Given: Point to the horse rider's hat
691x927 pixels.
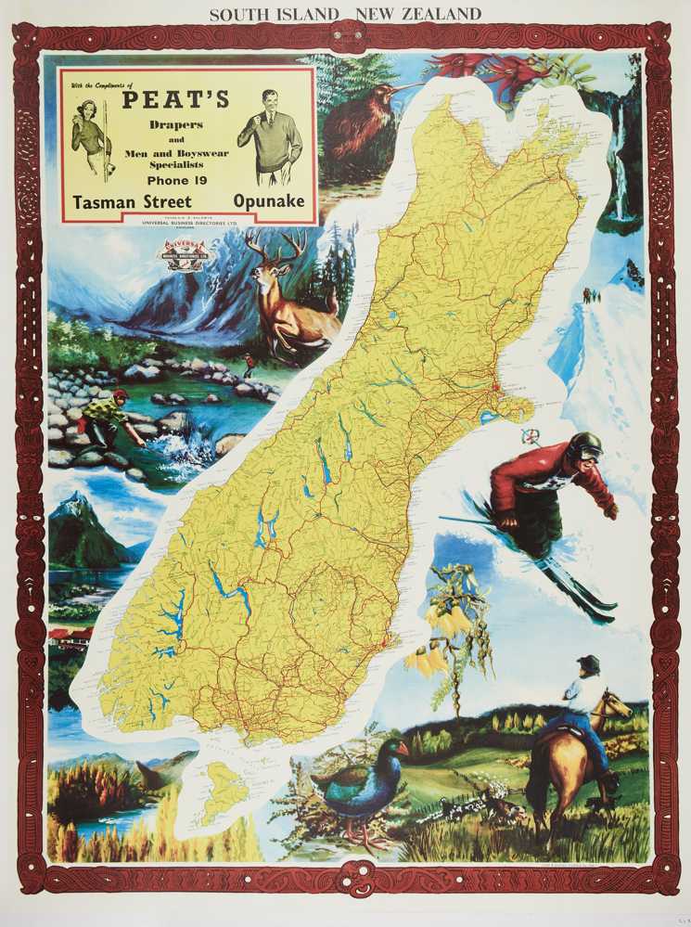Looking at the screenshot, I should click(x=587, y=664).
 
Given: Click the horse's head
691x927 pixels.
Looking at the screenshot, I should click(x=613, y=710).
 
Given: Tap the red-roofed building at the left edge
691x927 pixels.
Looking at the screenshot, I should click(x=70, y=637).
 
